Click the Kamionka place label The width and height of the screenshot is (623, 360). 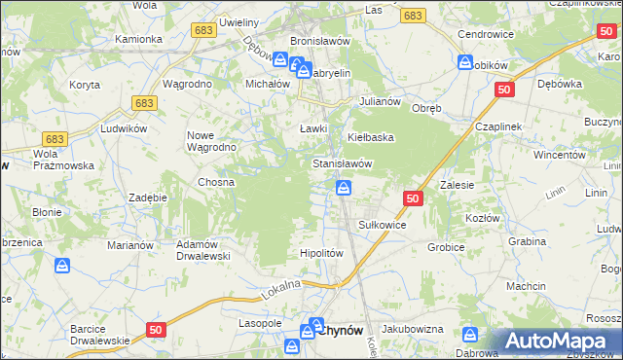[138, 40]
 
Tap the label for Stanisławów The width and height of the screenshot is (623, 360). [343, 163]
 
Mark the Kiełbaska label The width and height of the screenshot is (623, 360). [371, 137]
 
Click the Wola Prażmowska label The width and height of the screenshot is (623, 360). [63, 160]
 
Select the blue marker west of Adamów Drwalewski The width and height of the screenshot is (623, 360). [62, 265]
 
